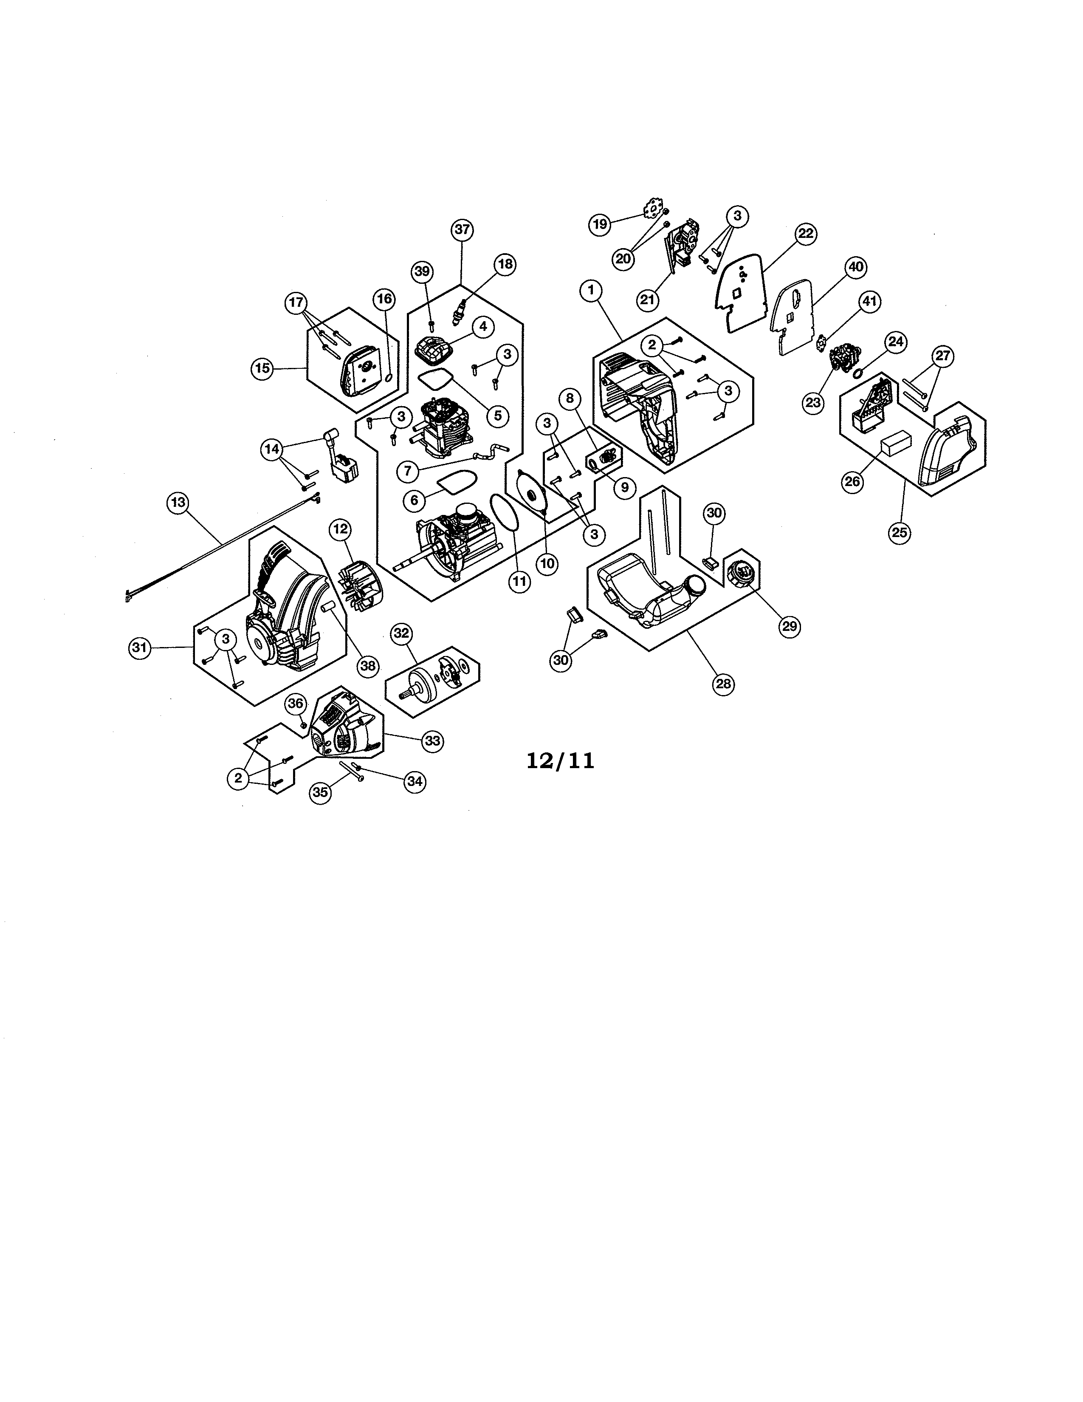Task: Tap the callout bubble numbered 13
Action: pyautogui.click(x=178, y=503)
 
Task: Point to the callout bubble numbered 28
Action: pyautogui.click(x=723, y=684)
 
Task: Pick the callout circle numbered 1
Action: pyautogui.click(x=590, y=291)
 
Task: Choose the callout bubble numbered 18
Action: pyautogui.click(x=505, y=264)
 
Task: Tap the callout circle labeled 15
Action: pyautogui.click(x=262, y=368)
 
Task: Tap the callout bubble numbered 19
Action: pyautogui.click(x=600, y=224)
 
